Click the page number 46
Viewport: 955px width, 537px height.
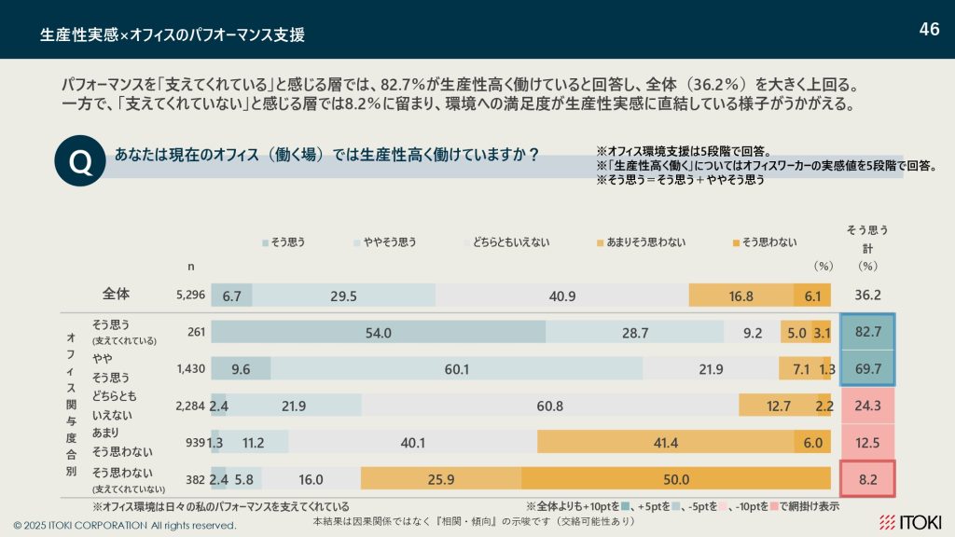pos(929,29)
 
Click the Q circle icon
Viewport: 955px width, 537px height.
pos(81,162)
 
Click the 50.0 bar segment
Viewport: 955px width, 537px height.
pos(675,479)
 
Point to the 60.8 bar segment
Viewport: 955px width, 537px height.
pos(550,406)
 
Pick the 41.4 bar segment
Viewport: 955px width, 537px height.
pos(665,443)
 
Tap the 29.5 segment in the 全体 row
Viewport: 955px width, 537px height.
pos(343,296)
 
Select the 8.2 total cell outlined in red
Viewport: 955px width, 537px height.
pos(868,479)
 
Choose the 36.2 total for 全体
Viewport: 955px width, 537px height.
pos(868,296)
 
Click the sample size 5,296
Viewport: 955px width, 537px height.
pos(190,296)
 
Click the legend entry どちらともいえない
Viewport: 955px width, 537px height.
pos(506,242)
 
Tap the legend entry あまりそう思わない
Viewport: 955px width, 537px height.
pos(640,242)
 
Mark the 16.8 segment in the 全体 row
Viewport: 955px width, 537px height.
pos(740,296)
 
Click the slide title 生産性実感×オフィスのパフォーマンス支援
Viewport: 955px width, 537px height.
pos(173,35)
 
